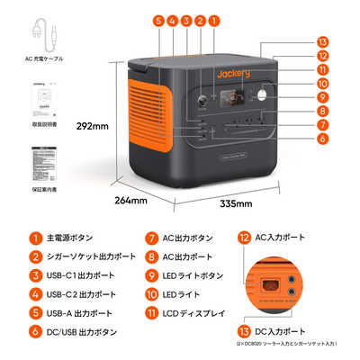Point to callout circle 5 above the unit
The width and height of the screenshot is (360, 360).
[x=158, y=20]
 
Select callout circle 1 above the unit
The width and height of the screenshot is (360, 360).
[x=213, y=20]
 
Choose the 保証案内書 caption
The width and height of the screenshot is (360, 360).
[x=45, y=190]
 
